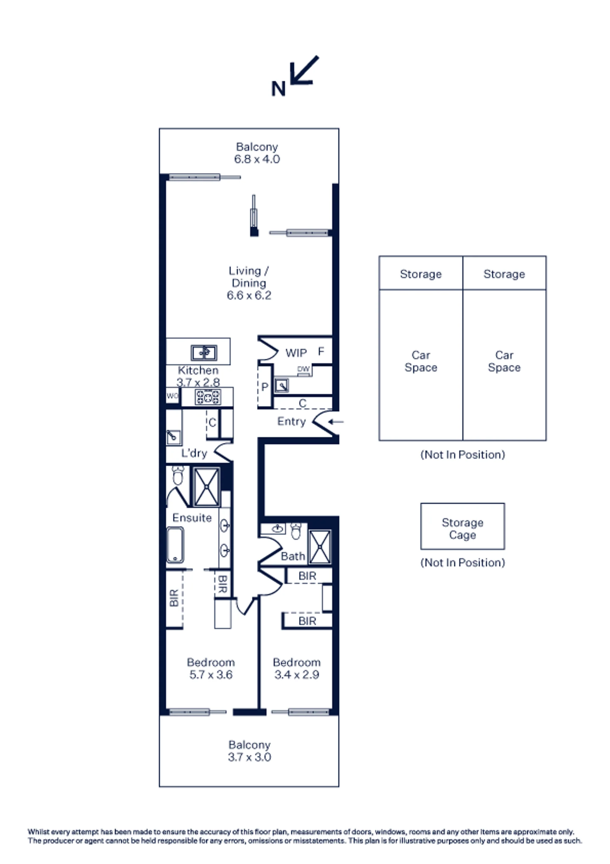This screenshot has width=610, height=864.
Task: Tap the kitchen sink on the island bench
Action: [204, 353]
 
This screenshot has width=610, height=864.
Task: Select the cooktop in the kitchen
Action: [207, 397]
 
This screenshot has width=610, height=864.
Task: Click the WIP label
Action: [296, 353]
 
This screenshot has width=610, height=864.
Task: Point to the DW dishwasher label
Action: [303, 369]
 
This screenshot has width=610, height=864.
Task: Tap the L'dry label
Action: [194, 453]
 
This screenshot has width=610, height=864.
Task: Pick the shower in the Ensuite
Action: [207, 487]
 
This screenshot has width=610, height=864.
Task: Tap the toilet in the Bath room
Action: [296, 531]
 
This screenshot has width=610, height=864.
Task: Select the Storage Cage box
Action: [463, 527]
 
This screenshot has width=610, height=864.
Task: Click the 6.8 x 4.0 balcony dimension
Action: [257, 159]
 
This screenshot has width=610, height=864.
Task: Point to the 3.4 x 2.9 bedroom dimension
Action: [296, 675]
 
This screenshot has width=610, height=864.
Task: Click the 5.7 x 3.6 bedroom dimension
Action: [211, 675]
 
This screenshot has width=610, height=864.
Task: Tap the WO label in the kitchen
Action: [173, 396]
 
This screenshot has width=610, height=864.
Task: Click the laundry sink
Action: [174, 437]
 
